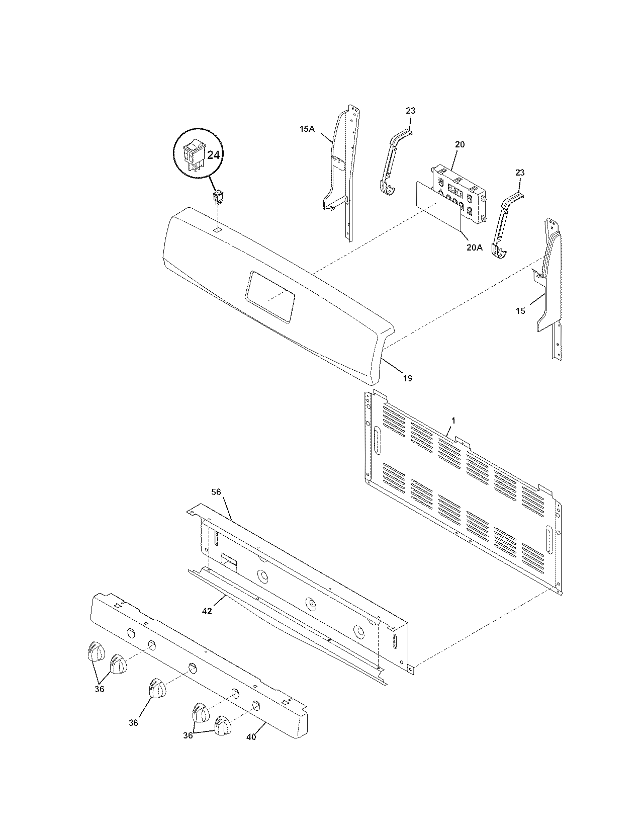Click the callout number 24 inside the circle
click(x=214, y=155)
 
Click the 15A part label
click(x=307, y=129)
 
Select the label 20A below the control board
click(x=473, y=247)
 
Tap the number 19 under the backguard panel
click(x=408, y=378)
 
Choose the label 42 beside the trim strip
click(x=207, y=611)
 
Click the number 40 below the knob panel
click(x=251, y=736)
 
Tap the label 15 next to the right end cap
click(x=520, y=311)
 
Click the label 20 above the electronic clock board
click(x=460, y=144)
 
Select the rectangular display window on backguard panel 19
click(x=270, y=295)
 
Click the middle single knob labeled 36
click(x=157, y=687)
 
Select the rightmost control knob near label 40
click(x=223, y=726)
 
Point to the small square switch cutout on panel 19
click(x=217, y=229)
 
